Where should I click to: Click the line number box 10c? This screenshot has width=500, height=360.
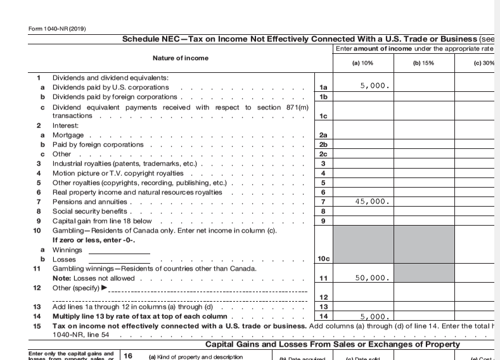323,259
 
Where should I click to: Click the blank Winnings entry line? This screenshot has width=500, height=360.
119,250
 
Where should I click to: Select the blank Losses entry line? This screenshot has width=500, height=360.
119,259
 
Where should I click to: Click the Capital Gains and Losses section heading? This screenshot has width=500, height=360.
333,344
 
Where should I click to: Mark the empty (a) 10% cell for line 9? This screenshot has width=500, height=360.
362,221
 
